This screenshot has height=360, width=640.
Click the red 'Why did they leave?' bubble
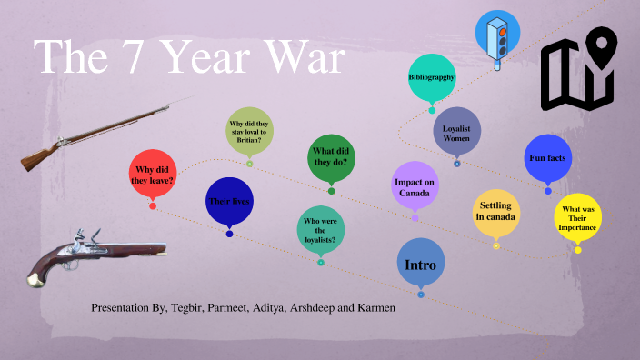[x=154, y=175]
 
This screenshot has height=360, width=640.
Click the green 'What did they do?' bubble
[x=332, y=156]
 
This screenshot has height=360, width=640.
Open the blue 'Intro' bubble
[x=421, y=264]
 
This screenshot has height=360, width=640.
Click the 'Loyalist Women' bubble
[x=456, y=133]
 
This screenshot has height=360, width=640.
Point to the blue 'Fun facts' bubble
[x=547, y=158]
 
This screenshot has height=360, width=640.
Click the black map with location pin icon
[x=579, y=68]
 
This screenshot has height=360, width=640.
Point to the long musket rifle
[x=100, y=132]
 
